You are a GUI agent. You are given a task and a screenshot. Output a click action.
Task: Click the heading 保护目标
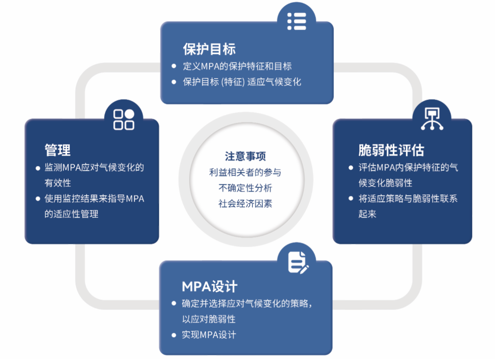click(209, 49)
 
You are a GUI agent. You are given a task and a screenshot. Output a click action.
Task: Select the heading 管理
click(58, 150)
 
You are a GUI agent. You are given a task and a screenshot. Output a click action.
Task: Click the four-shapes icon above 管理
click(124, 119)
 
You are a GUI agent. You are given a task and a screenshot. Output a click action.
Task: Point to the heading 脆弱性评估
click(391, 150)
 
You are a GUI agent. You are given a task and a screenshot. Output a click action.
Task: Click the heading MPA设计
click(210, 286)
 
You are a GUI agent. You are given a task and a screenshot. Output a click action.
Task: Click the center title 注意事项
click(245, 157)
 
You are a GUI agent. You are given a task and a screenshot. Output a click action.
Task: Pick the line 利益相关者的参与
click(245, 173)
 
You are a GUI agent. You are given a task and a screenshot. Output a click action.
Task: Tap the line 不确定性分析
click(245, 188)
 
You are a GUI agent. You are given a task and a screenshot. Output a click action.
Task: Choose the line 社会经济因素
click(245, 203)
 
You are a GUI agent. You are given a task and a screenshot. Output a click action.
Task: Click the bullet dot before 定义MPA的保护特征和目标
click(173, 66)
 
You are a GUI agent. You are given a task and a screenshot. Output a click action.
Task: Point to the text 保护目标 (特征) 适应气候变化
click(242, 82)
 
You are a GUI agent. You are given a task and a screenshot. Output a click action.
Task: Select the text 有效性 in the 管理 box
click(58, 183)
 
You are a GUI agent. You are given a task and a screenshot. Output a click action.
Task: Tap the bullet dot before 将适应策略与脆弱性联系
click(351, 199)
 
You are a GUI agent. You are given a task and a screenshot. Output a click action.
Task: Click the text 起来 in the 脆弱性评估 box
click(368, 214)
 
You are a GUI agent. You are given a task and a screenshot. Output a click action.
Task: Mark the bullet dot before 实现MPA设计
click(173, 335)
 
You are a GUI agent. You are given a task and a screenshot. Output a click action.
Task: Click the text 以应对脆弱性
click(209, 319)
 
